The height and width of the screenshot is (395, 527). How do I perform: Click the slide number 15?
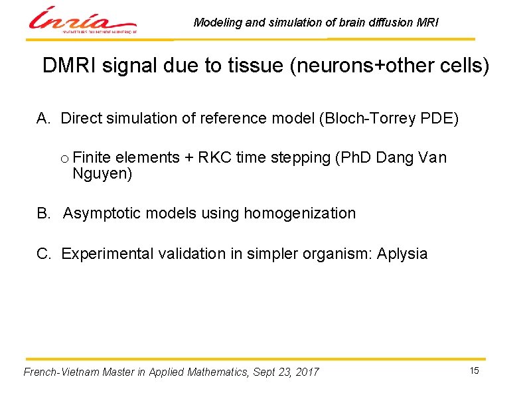click(x=474, y=370)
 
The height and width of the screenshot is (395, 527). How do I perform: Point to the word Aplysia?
click(x=402, y=254)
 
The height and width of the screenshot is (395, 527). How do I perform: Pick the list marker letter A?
click(x=42, y=118)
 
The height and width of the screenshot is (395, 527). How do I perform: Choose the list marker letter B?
click(x=42, y=213)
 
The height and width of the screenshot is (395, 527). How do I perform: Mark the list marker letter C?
click(x=42, y=254)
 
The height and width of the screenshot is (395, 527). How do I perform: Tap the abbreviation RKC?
click(x=213, y=158)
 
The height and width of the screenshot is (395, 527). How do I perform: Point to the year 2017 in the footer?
click(x=307, y=372)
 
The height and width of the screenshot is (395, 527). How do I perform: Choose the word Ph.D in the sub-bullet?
click(x=356, y=158)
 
